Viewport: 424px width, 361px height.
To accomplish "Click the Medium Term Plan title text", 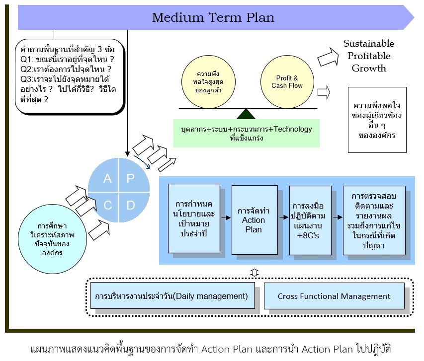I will click(213, 18).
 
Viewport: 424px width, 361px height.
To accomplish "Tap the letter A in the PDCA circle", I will click(107, 179).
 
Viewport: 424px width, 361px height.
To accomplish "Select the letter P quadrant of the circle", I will click(130, 179).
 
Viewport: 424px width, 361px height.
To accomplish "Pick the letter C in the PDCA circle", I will click(107, 205).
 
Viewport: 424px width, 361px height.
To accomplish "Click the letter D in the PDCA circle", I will click(130, 205).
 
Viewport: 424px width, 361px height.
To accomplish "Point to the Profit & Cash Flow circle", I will click(287, 82).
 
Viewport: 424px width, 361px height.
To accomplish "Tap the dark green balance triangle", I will click(246, 114).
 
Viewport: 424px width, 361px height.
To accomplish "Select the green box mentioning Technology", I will click(247, 133).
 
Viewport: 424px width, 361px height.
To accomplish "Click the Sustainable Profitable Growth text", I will click(368, 56).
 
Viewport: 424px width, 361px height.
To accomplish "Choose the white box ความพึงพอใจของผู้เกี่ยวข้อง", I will click(377, 120).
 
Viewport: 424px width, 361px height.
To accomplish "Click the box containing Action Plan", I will click(254, 219).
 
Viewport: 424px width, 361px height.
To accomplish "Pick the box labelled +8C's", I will click(310, 219).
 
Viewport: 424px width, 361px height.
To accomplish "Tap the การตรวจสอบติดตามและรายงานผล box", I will click(373, 219).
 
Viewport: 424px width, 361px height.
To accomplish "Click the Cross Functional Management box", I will click(334, 296).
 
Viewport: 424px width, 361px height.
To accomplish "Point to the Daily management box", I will click(172, 296).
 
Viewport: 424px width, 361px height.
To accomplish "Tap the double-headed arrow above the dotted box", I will click(254, 272).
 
